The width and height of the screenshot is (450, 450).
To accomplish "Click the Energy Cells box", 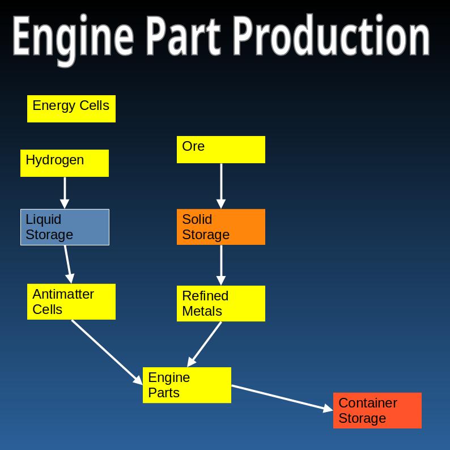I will (x=71, y=109).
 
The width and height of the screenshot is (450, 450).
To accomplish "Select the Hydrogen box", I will (x=65, y=163).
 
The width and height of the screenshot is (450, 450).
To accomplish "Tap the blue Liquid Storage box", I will (x=65, y=227).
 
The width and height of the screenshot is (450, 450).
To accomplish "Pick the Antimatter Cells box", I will (x=71, y=302).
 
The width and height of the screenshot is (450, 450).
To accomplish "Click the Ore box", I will (x=221, y=150).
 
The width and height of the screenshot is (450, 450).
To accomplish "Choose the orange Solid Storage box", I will (x=221, y=227).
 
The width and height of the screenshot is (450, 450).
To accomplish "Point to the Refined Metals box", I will (x=221, y=303).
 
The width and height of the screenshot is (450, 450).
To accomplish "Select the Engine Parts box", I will (x=187, y=385).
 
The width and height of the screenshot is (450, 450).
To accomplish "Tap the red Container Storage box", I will (x=377, y=410).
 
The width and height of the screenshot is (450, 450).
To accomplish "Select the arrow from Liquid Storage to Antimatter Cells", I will (x=68, y=264).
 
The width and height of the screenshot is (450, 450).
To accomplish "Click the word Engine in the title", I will (x=73, y=37).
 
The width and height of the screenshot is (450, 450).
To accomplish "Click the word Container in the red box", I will (x=368, y=403).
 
